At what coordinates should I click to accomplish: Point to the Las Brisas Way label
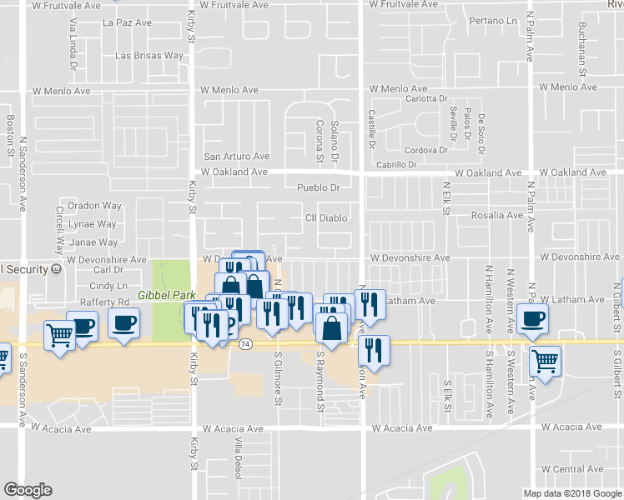[149, 56]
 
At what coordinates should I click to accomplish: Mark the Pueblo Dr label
[320, 188]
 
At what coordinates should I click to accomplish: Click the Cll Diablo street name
[325, 218]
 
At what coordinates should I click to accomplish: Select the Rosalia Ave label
[497, 215]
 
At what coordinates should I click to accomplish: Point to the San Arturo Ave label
[238, 156]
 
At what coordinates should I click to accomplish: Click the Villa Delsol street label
[238, 458]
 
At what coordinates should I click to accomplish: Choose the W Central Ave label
[572, 469]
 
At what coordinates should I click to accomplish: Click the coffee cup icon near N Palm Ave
[533, 317]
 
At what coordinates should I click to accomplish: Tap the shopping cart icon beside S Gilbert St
[545, 361]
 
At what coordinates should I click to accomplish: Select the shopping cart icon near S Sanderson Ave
[59, 335]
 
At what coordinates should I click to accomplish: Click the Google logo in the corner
[28, 490]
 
